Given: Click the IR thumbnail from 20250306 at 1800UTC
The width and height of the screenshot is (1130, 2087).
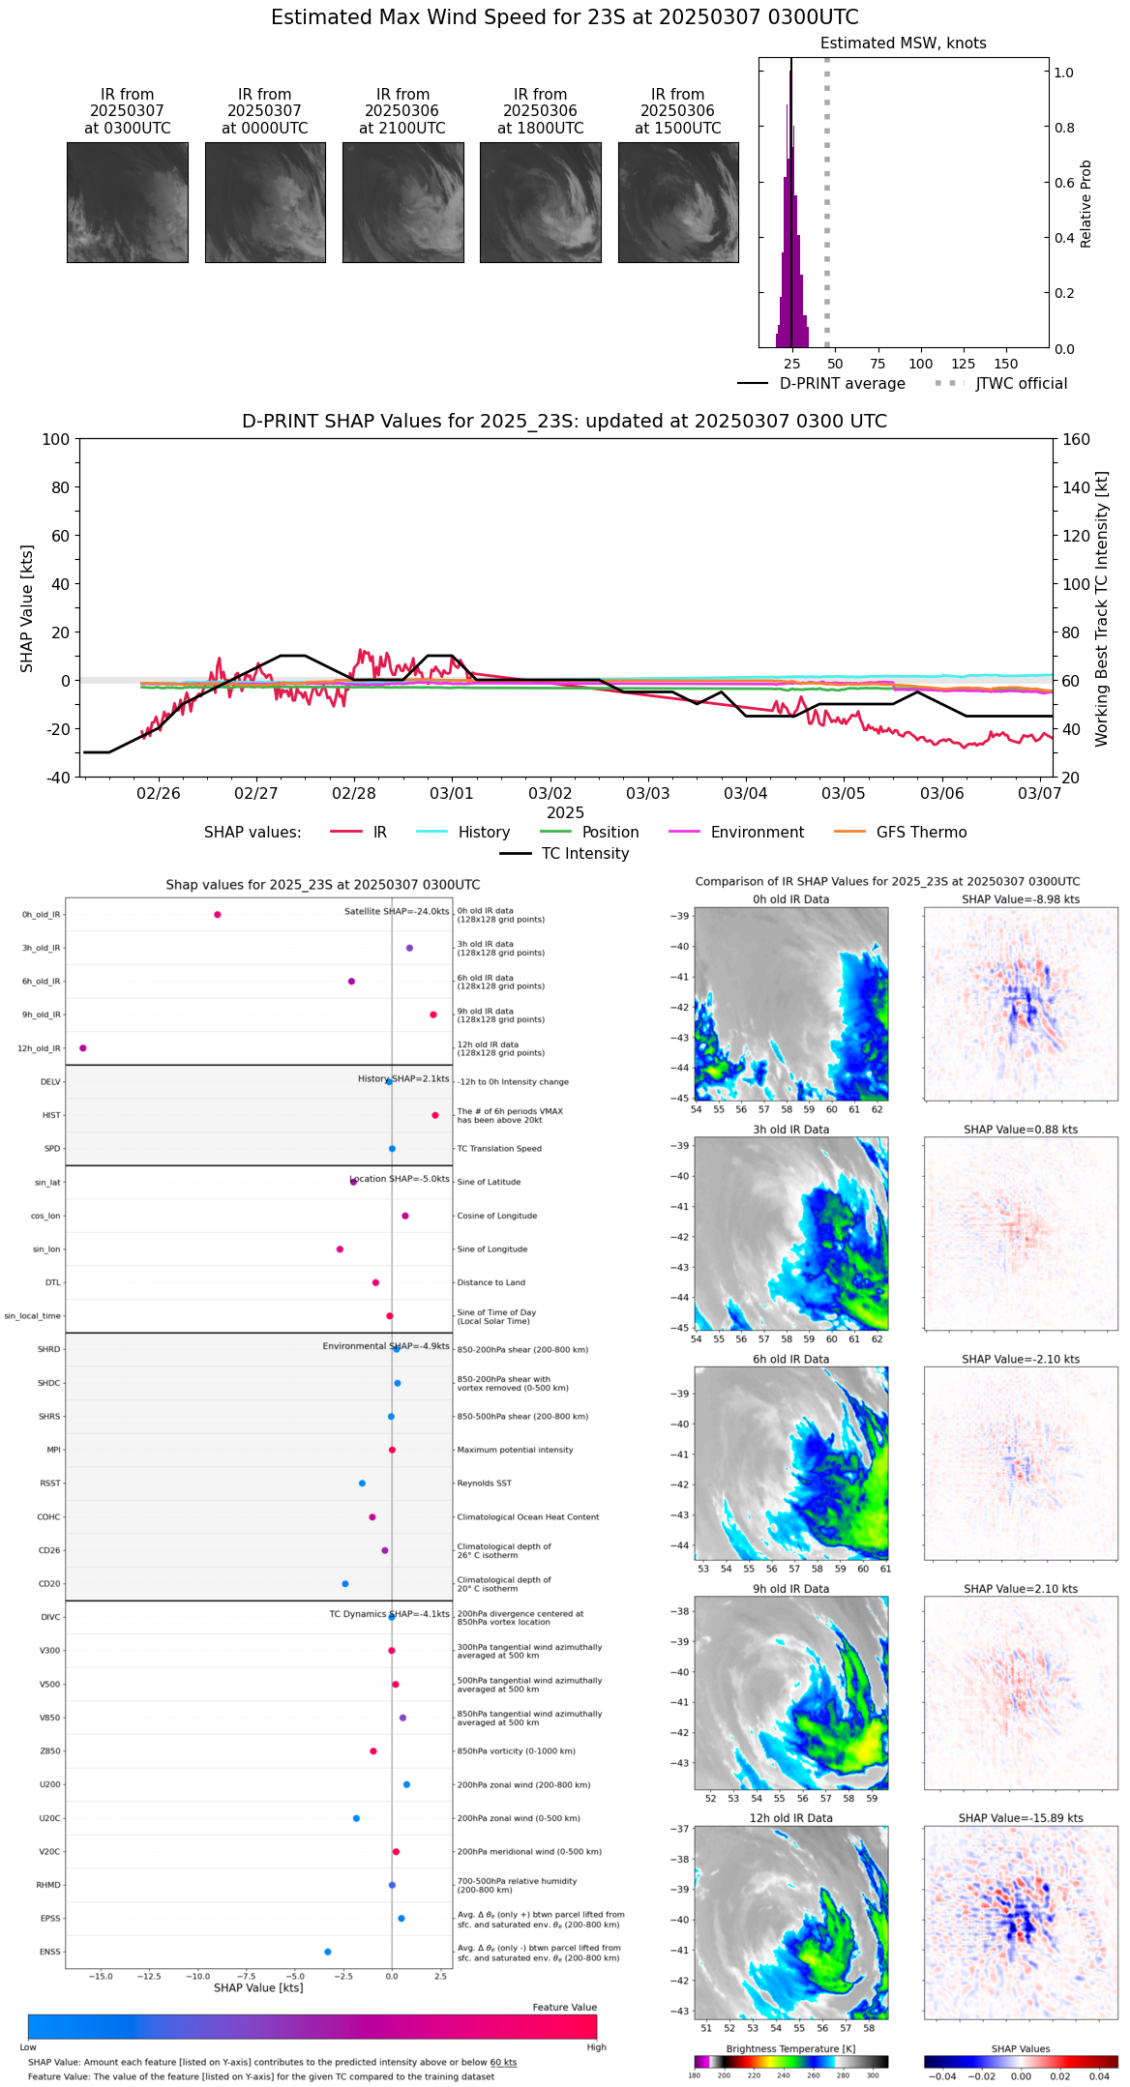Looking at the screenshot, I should tap(540, 202).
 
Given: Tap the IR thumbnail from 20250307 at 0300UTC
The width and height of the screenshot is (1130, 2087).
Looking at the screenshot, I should tap(127, 202).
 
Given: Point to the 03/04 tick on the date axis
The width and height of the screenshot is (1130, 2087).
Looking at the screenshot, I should tap(745, 793).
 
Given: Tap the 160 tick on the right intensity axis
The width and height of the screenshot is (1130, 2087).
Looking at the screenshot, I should tap(1076, 439).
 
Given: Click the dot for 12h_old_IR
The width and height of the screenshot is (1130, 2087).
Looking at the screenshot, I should tap(83, 1048).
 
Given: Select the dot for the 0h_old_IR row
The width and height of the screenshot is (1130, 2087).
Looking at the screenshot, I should tap(218, 915).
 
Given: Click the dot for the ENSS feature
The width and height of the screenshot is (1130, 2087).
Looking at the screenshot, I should tap(328, 1952).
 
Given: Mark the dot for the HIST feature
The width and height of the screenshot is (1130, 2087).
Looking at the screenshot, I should tap(435, 1115).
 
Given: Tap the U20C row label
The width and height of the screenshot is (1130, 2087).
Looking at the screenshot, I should tap(49, 1818).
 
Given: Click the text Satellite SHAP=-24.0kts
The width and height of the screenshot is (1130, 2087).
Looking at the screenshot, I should tap(397, 911).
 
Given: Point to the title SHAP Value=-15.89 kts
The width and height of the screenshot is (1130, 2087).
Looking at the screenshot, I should tap(1021, 1818).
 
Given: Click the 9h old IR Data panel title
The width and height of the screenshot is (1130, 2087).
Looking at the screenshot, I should tap(790, 1589).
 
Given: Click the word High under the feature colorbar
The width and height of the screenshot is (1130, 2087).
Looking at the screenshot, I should tap(596, 2047).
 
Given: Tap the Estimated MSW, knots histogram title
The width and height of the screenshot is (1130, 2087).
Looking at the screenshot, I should tap(903, 44).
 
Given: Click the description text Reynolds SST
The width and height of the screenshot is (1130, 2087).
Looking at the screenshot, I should tap(484, 1484).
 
